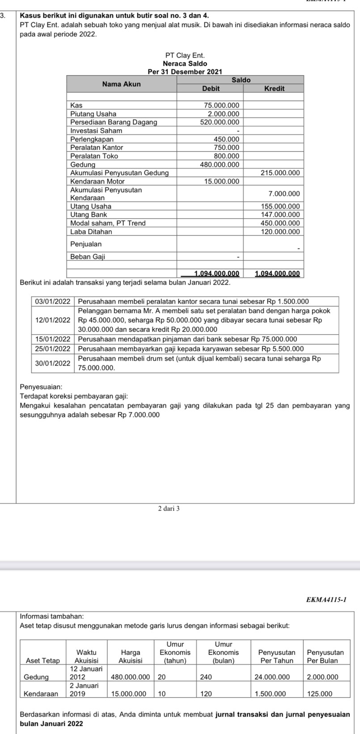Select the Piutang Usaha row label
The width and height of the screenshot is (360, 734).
(93, 114)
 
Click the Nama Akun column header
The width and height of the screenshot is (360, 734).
(121, 84)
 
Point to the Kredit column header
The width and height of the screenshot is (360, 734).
(274, 89)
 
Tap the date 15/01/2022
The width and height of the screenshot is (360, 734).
(53, 340)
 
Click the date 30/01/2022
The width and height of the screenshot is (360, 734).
(53, 364)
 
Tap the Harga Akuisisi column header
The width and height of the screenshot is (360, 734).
(131, 657)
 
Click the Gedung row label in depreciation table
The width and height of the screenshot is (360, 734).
(36, 677)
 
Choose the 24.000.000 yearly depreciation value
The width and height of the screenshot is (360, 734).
(274, 677)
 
